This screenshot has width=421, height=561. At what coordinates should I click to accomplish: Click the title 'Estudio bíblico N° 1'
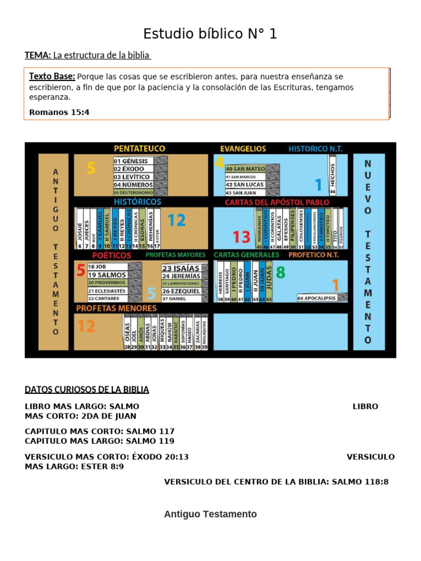click(210, 34)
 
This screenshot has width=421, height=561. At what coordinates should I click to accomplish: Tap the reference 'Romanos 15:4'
click(59, 112)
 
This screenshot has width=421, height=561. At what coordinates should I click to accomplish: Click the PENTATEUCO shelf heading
click(139, 148)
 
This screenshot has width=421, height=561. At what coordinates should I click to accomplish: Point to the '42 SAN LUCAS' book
click(245, 185)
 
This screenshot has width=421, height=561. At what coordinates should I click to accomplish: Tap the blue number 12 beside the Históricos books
click(177, 221)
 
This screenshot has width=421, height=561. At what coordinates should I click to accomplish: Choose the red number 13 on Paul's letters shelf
click(241, 237)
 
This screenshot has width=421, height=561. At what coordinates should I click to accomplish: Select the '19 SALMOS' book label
click(107, 274)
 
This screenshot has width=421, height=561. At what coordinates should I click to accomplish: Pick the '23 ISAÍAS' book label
click(181, 268)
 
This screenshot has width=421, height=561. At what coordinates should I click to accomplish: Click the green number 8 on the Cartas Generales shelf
click(281, 272)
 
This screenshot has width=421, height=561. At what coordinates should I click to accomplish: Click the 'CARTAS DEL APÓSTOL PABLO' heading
click(277, 202)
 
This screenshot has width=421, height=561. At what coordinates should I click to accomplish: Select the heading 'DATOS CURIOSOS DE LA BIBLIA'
click(87, 390)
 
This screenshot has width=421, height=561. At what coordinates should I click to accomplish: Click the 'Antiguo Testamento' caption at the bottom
click(210, 514)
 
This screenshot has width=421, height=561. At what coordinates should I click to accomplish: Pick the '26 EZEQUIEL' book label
click(181, 291)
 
